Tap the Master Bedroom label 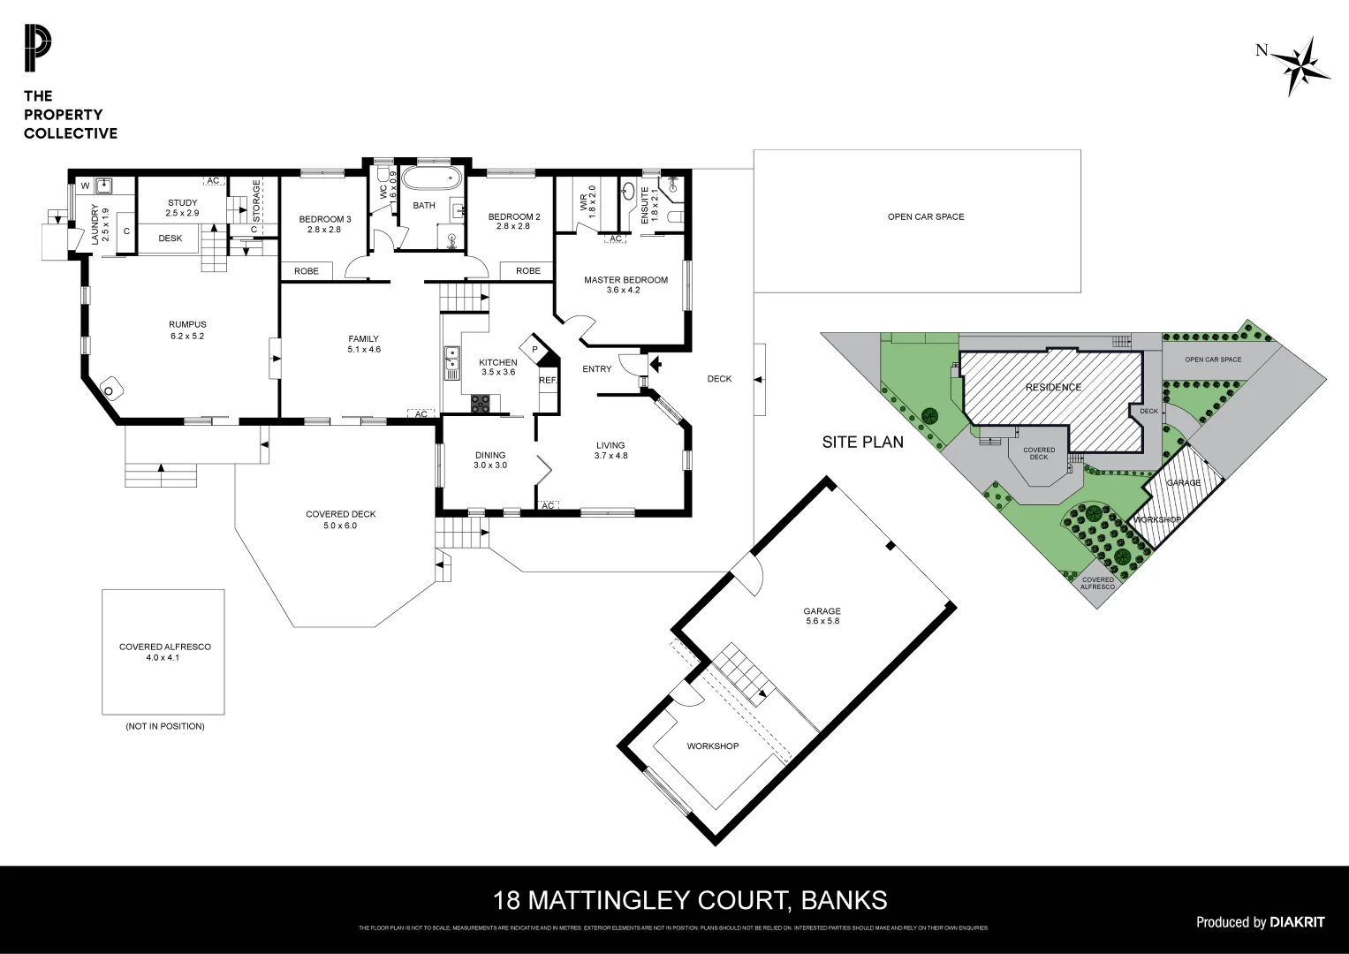(625, 284)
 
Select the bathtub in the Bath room (430, 180)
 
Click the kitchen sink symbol (452, 360)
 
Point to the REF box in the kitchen (548, 381)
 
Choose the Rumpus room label (187, 329)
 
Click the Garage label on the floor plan (822, 616)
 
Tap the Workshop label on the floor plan (712, 746)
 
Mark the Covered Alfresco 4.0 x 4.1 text (165, 652)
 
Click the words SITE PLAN (862, 443)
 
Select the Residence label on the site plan (1053, 388)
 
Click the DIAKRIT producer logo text (1297, 922)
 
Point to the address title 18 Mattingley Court (690, 900)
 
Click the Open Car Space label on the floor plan (925, 216)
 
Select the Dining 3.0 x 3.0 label (489, 460)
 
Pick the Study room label (183, 208)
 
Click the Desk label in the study (171, 238)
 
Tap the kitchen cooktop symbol (481, 404)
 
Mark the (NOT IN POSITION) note (165, 726)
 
